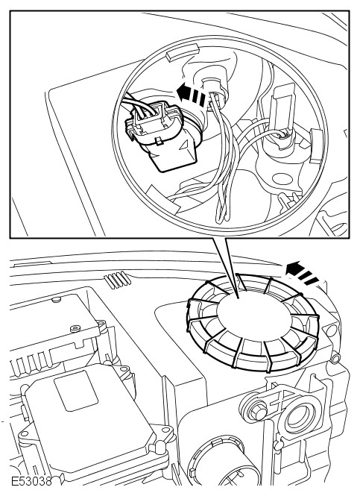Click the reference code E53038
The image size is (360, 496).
pyautogui.click(x=31, y=482)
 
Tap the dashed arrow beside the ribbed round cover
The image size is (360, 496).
pyautogui.click(x=302, y=272)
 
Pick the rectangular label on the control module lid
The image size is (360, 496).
pyautogui.click(x=76, y=390)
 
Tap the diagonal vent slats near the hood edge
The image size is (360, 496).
pyautogui.click(x=117, y=279)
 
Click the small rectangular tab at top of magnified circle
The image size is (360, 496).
pyautogui.click(x=182, y=53)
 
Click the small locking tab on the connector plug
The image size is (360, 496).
pyautogui.click(x=160, y=141)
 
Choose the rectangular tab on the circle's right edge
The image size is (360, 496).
pyautogui.click(x=316, y=146)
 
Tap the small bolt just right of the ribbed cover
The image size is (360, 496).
pyautogui.click(x=336, y=357)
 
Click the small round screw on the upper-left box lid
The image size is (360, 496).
pyautogui.click(x=75, y=329)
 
